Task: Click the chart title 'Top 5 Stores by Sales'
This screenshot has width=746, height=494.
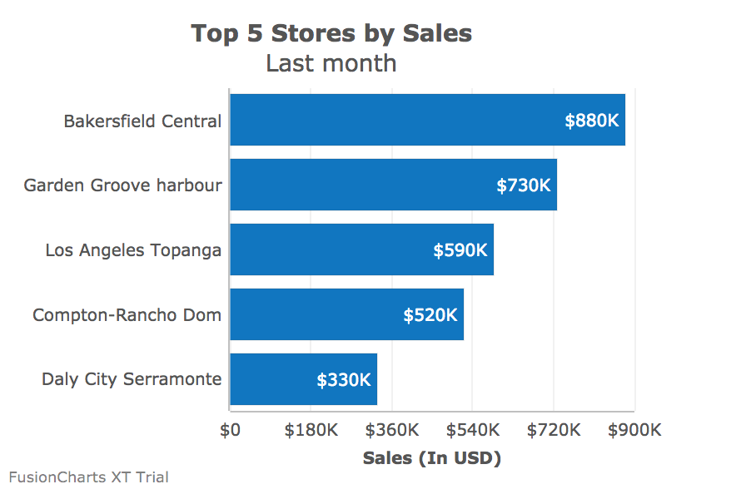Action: pyautogui.click(x=331, y=33)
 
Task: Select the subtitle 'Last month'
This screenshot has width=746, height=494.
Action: pyautogui.click(x=331, y=63)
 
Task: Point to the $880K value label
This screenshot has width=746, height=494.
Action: pyautogui.click(x=592, y=121)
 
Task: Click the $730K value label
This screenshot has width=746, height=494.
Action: pyautogui.click(x=524, y=185)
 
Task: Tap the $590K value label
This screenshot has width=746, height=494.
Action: pyautogui.click(x=460, y=250)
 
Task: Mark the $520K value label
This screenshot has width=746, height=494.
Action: pyautogui.click(x=430, y=315)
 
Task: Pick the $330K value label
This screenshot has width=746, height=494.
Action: pyautogui.click(x=344, y=380)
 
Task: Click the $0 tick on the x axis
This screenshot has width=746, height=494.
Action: pyautogui.click(x=230, y=430)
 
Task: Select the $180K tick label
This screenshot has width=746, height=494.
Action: pyautogui.click(x=311, y=430)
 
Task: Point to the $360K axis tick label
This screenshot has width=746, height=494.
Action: pyautogui.click(x=391, y=430)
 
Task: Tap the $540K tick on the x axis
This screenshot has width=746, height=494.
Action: pyautogui.click(x=472, y=430)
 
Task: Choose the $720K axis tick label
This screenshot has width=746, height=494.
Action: pyautogui.click(x=554, y=430)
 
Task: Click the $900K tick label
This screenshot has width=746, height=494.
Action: pyautogui.click(x=634, y=430)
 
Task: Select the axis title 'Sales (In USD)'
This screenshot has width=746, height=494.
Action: pyautogui.click(x=432, y=458)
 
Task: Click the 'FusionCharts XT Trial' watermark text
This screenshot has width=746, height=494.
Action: pyautogui.click(x=89, y=477)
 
